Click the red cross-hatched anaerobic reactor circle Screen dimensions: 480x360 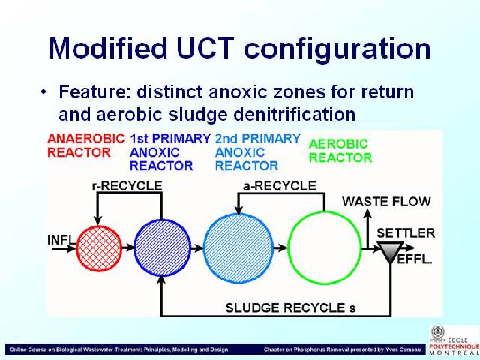pyautogui.click(x=99, y=247)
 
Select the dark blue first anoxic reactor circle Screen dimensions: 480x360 pyautogui.click(x=162, y=247)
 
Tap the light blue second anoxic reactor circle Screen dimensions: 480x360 pyautogui.click(x=238, y=247)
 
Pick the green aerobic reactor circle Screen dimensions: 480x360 pyautogui.click(x=324, y=247)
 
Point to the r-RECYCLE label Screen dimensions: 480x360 pyautogui.click(x=127, y=186)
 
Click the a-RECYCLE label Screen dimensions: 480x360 pyautogui.click(x=279, y=186)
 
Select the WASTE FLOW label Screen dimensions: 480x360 pyautogui.click(x=386, y=202)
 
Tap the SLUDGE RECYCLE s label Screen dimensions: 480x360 pyautogui.click(x=291, y=307)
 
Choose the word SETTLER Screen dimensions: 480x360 pyautogui.click(x=405, y=233)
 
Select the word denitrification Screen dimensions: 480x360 pyautogui.click(x=294, y=114)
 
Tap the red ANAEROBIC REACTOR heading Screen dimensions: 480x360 pyautogui.click(x=86, y=145)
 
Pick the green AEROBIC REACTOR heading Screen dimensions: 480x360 pyautogui.click(x=340, y=151)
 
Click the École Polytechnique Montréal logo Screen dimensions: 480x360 pyautogui.click(x=454, y=340)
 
